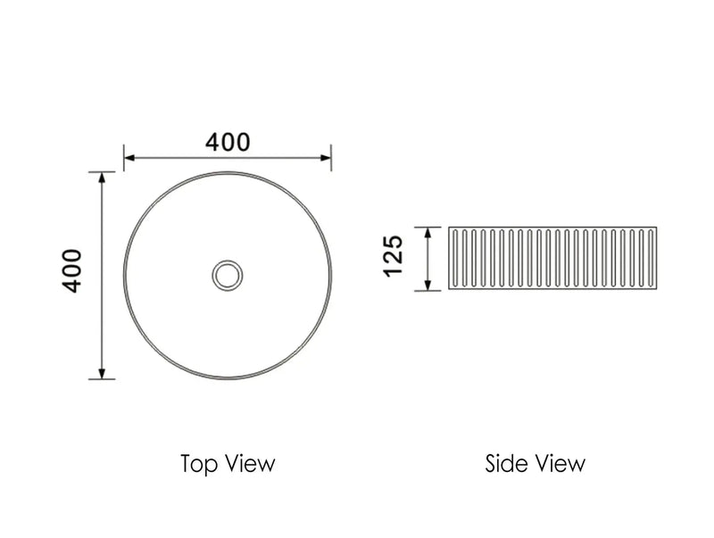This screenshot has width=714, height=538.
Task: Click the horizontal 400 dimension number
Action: point(228,142)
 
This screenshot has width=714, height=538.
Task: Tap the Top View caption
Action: point(227,464)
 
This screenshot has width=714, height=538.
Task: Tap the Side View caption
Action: point(535,464)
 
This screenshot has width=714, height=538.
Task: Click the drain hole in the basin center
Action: point(228,274)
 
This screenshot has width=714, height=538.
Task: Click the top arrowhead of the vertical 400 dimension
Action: point(103,177)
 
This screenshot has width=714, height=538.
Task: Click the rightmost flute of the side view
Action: point(652,259)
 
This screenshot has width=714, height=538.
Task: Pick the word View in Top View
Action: point(252,464)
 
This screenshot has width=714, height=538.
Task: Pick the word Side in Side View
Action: point(506,464)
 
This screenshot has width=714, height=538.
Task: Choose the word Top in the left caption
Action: point(198,464)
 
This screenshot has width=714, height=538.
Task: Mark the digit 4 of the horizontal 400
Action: point(213,142)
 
